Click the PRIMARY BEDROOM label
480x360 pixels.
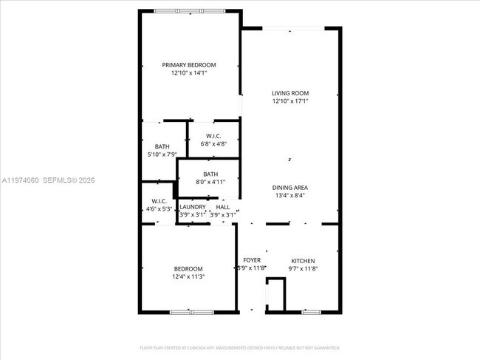coord(189,65)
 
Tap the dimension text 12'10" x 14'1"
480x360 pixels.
coord(189,73)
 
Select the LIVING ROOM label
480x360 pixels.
coord(289,93)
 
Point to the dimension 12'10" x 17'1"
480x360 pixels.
coord(289,101)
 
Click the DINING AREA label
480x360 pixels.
coord(289,188)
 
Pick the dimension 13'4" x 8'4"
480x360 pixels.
coord(289,196)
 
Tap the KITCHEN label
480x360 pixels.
coord(303,261)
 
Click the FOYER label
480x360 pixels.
coord(252,261)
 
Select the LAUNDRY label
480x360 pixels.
coord(192,207)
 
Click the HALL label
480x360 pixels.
coord(222,207)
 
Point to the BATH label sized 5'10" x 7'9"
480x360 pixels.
coord(162,146)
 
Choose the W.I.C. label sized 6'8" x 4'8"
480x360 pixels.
coord(214,135)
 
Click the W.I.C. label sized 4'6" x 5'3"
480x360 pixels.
coord(160,201)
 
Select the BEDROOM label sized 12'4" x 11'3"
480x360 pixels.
coord(188,268)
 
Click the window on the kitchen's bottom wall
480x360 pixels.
coord(311,312)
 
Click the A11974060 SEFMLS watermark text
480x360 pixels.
coord(48,180)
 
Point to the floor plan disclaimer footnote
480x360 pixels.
coord(240,347)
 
